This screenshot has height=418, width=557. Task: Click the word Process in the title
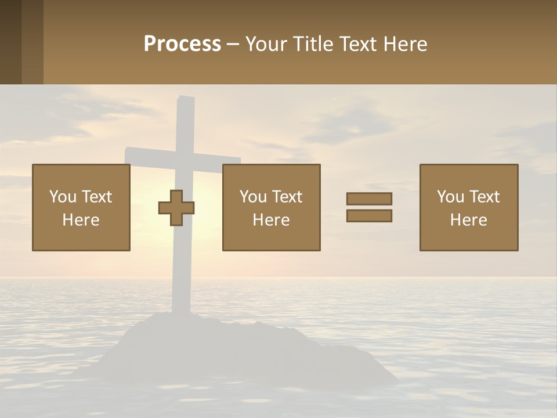(x=182, y=44)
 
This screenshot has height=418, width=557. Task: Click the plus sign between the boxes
(x=176, y=208)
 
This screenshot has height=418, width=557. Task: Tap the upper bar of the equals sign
(x=369, y=199)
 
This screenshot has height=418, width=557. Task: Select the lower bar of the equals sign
(x=369, y=216)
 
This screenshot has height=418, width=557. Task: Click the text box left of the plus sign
(x=81, y=207)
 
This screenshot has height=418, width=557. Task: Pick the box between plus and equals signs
(x=271, y=207)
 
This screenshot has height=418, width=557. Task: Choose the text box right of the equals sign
(x=469, y=207)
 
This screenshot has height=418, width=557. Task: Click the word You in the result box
(x=450, y=197)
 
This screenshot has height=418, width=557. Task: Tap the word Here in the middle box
(x=271, y=220)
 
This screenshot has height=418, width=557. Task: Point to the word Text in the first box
(x=96, y=197)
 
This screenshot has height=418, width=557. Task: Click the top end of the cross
(x=185, y=103)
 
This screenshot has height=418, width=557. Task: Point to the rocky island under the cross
(x=232, y=348)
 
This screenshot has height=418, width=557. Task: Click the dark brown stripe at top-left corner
(x=10, y=42)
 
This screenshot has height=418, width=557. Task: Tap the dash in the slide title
(x=233, y=44)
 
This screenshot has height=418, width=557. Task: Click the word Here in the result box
(x=469, y=220)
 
